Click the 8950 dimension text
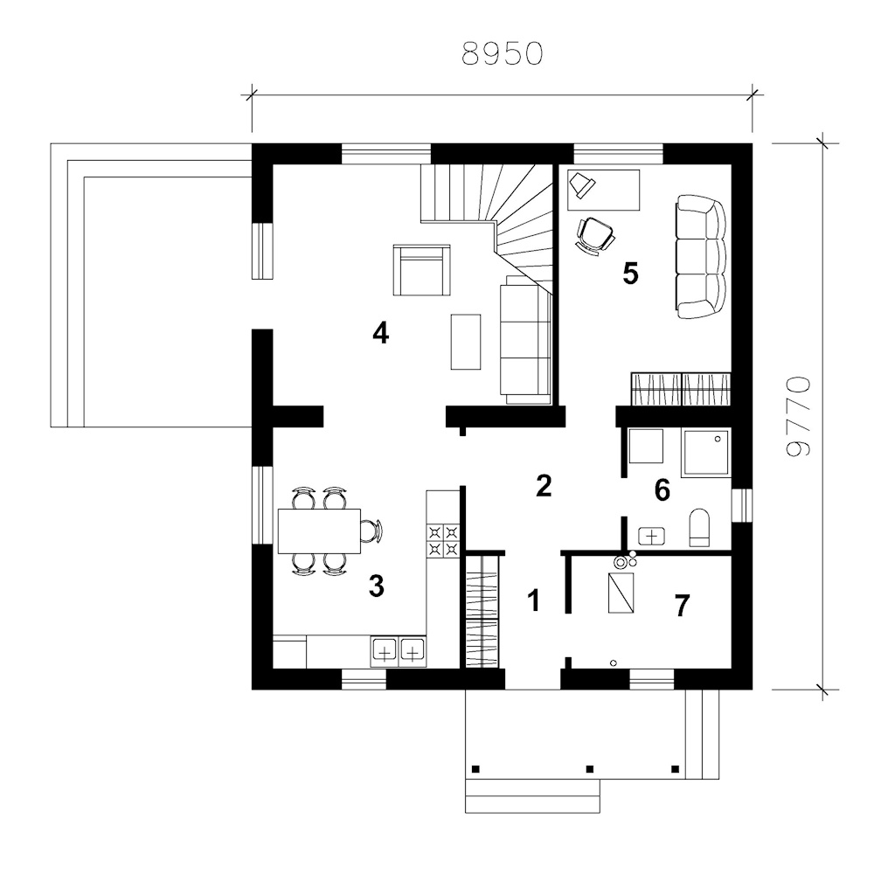tap(503, 54)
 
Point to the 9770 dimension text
tap(798, 417)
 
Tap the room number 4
tap(381, 333)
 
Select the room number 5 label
tap(630, 274)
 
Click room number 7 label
tap(683, 606)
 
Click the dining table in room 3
tap(319, 531)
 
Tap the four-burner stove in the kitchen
tap(443, 541)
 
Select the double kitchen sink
tap(398, 650)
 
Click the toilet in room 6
tap(699, 527)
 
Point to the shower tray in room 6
tap(706, 453)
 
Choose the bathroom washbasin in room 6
tap(652, 536)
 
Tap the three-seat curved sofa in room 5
tap(701, 257)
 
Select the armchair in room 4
tap(421, 270)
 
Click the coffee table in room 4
tap(466, 342)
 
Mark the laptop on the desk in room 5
tap(582, 184)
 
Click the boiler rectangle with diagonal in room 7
tap(621, 593)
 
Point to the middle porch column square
tap(590, 769)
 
